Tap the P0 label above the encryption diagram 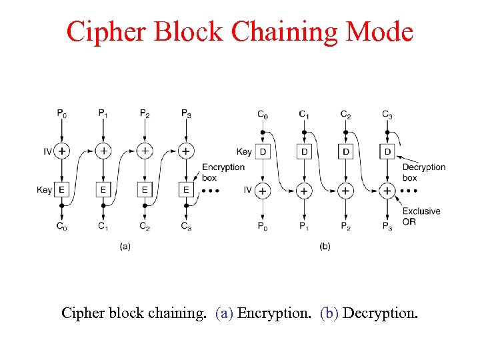(61, 114)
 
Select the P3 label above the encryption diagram (186, 114)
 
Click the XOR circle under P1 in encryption (103, 151)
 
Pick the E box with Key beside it (61, 190)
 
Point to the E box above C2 (145, 190)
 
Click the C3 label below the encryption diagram (186, 227)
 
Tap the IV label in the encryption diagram (47, 151)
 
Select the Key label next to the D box (244, 151)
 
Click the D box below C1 (304, 151)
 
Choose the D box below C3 (387, 151)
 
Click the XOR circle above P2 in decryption (345, 191)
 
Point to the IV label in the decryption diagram (247, 191)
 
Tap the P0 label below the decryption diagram (263, 227)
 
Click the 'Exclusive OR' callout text (421, 216)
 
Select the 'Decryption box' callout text (423, 172)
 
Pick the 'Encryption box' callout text (223, 172)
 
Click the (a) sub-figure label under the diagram (125, 246)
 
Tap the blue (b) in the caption (329, 313)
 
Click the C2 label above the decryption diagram (345, 114)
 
